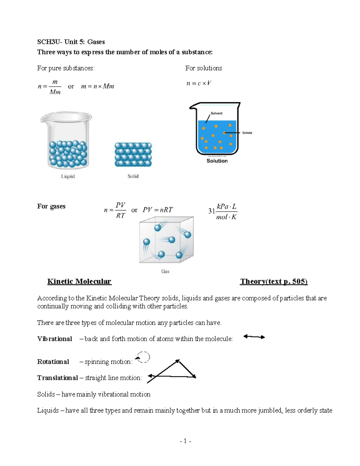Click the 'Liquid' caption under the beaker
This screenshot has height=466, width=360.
coord(68,176)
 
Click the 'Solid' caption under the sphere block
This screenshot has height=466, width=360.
coord(133,176)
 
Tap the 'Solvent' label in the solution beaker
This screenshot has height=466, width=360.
coord(216,113)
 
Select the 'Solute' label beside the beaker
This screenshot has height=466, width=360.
coord(247,133)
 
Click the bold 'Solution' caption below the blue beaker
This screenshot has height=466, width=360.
coord(217,161)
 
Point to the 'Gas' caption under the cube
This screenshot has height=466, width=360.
coord(165,271)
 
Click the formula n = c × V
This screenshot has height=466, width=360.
coord(199,83)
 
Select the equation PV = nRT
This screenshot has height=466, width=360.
coord(157,210)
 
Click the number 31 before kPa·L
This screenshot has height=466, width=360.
coord(211,211)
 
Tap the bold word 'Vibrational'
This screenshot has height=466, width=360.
coord(55,339)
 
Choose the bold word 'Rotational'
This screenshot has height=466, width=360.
coord(53,362)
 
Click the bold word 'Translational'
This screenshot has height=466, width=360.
coord(57,378)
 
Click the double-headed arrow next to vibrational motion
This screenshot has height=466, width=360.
coord(254,337)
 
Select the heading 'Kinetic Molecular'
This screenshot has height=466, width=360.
coord(79,281)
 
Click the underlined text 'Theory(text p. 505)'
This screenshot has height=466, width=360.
coord(274,281)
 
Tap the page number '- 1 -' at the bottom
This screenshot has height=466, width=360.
coord(185,441)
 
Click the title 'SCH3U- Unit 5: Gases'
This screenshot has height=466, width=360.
coord(71,42)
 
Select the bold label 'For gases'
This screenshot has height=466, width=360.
coord(51,206)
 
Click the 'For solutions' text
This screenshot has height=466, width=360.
coord(203,68)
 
